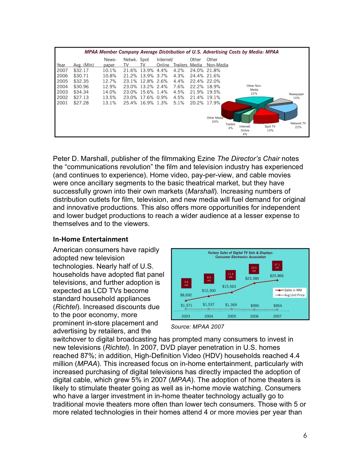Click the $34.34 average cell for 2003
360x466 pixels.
(x=81, y=92)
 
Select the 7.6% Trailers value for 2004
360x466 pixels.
(x=179, y=87)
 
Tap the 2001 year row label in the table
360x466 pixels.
(x=62, y=103)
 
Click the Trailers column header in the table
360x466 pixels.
(x=180, y=65)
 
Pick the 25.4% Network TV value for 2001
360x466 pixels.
(x=130, y=103)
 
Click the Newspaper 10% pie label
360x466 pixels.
(x=296, y=96)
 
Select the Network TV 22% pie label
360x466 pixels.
(x=298, y=125)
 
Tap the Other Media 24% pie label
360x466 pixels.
(x=215, y=119)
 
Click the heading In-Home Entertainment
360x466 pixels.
(x=91, y=239)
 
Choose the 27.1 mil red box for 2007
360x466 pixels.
(x=277, y=266)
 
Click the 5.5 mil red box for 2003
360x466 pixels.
(x=186, y=283)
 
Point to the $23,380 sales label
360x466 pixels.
(x=252, y=278)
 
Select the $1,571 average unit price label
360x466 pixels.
(x=186, y=305)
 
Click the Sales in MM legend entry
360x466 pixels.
(x=290, y=290)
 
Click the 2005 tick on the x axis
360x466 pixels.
(x=231, y=316)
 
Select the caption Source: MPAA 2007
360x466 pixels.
(x=197, y=327)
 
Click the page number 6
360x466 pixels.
(x=305, y=435)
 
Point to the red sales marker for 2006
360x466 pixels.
(x=254, y=283)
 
